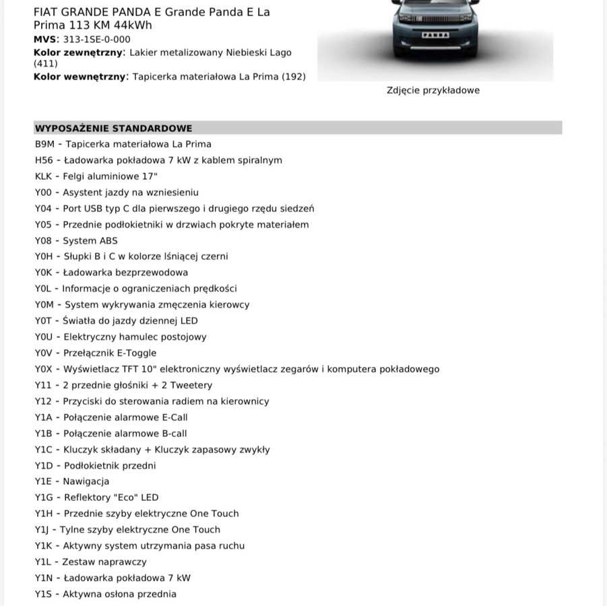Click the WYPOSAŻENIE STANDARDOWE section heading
coord(113,128)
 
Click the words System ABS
coord(90,240)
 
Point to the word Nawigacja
coord(86,481)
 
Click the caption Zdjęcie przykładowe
coord(433,90)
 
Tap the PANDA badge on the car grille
coord(435,33)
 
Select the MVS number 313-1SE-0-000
coord(97,40)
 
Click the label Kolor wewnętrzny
coord(79,77)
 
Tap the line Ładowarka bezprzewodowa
coord(125,273)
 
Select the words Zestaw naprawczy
coord(104,562)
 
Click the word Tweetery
coord(191,385)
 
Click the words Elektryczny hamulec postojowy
coord(135,337)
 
